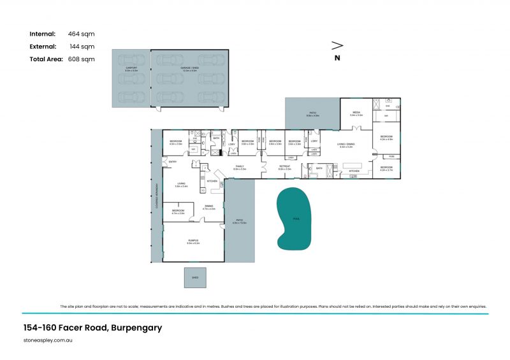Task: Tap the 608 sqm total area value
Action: pos(81,59)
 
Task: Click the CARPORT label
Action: pos(131,67)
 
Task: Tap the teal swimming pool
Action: pos(294,219)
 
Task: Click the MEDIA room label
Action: pos(356,113)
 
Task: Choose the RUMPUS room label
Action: pos(193,240)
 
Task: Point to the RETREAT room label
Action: pos(284,167)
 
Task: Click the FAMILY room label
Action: pos(239,167)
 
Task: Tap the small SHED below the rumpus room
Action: pos(195,277)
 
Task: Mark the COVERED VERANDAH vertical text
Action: pos(156,197)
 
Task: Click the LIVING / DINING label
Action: pos(346,145)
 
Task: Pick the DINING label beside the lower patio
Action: pos(209,206)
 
